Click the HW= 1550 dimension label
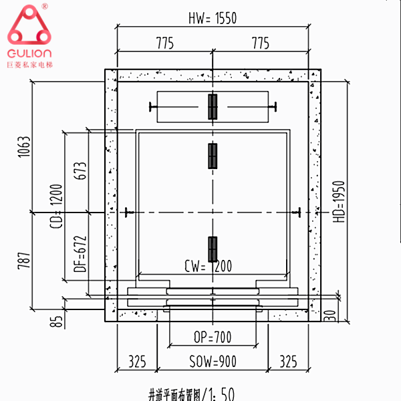tap(213, 18)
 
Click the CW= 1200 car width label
tap(208, 267)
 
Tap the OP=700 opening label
tap(212, 338)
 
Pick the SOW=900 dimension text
tap(212, 362)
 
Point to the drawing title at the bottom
tap(190, 394)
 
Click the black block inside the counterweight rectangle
tap(213, 107)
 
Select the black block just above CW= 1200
tap(213, 249)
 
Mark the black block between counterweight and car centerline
tap(213, 155)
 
